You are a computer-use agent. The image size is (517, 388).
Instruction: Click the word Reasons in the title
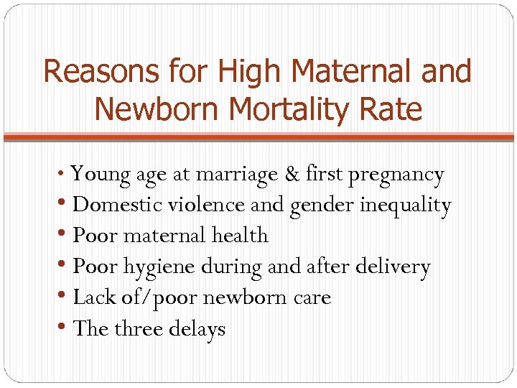[101, 72]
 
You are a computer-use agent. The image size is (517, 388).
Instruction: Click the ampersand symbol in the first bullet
[292, 174]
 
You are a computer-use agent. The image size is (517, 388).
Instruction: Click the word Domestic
[118, 205]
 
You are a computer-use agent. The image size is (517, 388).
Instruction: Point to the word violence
[208, 205]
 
